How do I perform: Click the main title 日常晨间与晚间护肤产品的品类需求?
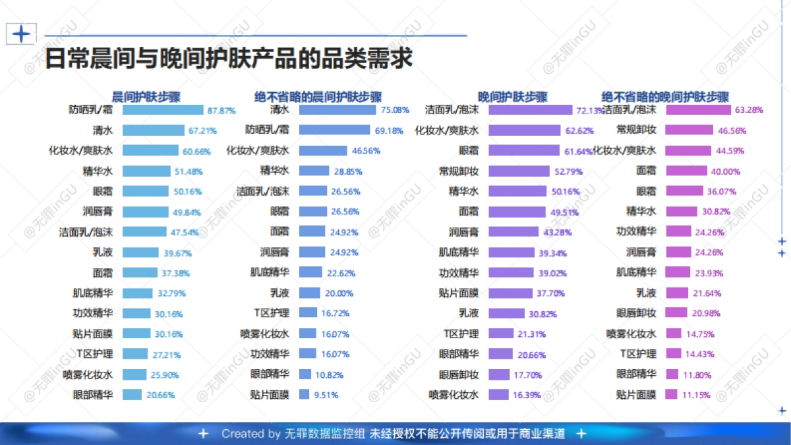[228, 58]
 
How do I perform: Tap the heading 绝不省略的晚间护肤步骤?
[665, 96]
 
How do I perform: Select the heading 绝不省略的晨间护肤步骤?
[318, 96]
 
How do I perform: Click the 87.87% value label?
[221, 110]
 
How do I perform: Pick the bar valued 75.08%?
[337, 110]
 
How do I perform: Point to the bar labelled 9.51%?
[304, 395]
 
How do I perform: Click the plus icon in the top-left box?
[21, 34]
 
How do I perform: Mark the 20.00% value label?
[339, 293]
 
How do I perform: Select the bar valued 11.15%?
[671, 395]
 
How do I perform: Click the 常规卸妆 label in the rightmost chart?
[636, 130]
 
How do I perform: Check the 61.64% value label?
[578, 152]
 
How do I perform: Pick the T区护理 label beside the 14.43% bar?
[638, 354]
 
